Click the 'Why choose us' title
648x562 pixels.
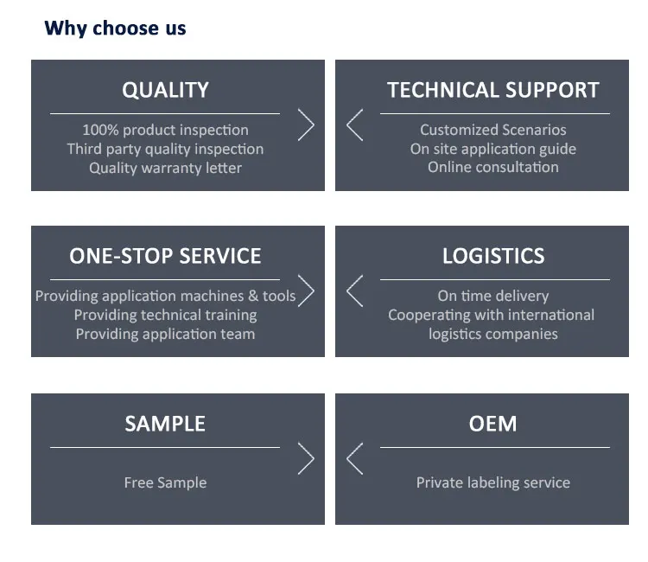pos(115,29)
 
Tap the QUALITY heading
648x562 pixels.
pos(165,90)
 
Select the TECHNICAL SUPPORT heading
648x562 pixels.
pos(492,90)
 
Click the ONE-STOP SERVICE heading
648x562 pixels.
pos(165,256)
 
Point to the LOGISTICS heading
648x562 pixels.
pos(492,256)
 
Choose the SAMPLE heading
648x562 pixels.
pos(165,424)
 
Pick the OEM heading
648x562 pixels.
pos(492,424)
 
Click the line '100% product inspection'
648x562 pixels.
pos(165,130)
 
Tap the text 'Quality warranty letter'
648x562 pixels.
pos(165,168)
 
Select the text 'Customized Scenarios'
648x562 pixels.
pos(492,130)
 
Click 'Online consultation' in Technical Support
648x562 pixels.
pos(492,167)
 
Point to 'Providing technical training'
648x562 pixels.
pos(165,315)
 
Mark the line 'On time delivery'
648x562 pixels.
pos(492,296)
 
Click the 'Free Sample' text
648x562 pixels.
pos(165,482)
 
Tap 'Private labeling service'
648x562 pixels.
pos(492,482)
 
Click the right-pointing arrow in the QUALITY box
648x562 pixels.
pos(306,125)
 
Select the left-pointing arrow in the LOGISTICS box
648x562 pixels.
pos(354,291)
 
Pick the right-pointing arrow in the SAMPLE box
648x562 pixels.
pos(306,458)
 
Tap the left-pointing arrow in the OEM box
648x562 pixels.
pos(354,458)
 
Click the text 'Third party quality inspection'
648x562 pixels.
pos(165,149)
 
